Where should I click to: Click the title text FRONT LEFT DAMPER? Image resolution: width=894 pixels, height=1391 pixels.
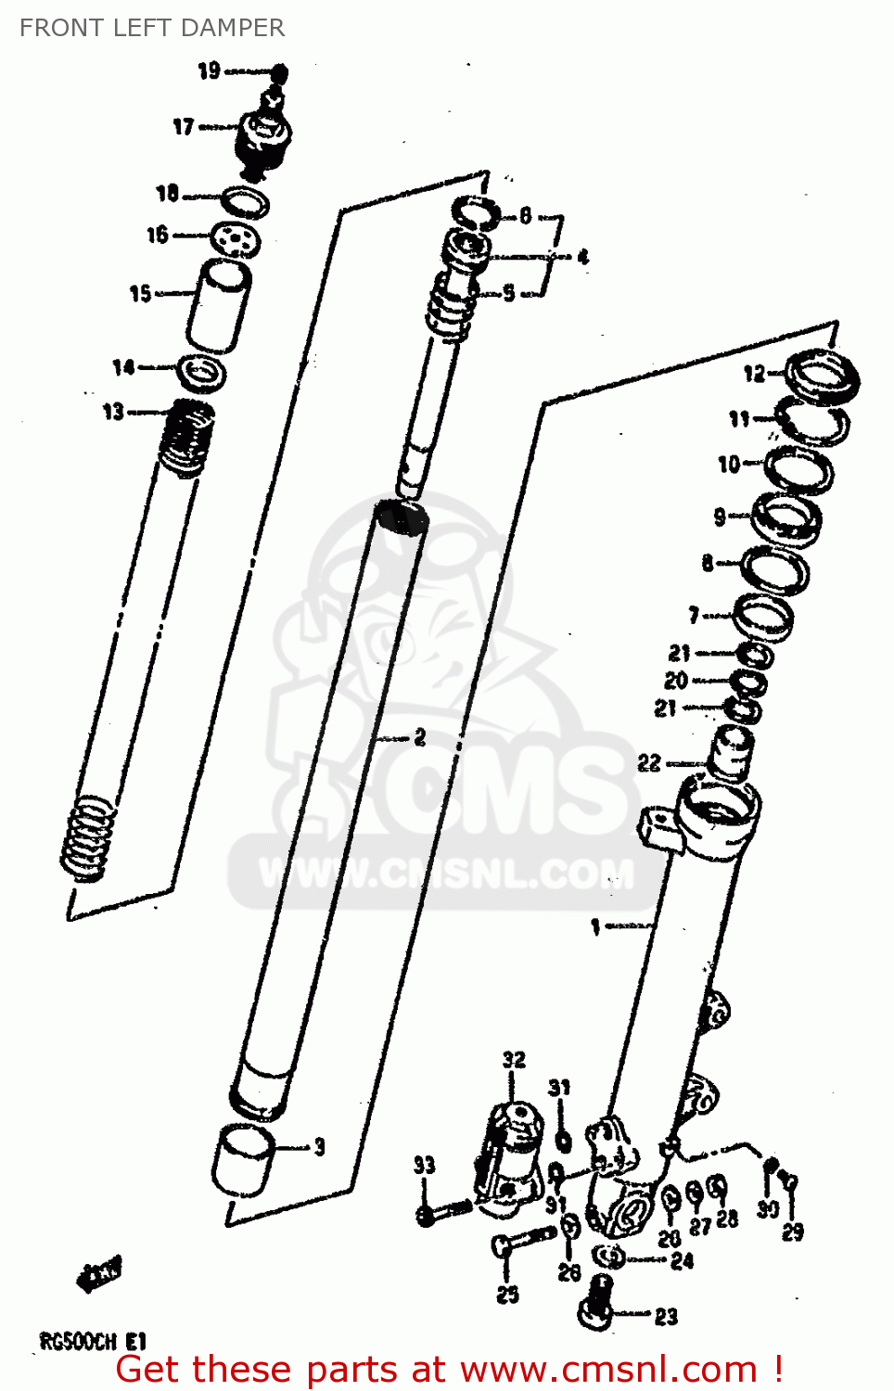coord(152,28)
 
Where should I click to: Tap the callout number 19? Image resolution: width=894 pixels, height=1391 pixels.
coord(209,70)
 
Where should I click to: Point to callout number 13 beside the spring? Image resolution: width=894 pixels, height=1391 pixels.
coord(113,411)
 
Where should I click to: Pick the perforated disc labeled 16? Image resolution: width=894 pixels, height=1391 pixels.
coord(235,239)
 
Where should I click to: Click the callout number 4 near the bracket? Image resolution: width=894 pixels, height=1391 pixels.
coord(582,257)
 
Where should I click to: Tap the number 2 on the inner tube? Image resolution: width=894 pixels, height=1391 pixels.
coord(420,737)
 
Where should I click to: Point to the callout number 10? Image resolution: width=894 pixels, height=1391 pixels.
coord(729,464)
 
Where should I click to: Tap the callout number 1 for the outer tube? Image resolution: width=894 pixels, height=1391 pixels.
coord(596,925)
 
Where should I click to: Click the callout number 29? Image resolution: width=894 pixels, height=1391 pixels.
coord(792,1232)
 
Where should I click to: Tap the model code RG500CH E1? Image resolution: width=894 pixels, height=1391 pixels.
coord(93,1341)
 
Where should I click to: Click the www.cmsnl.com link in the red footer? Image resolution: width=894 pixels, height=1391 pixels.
coord(608,1369)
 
